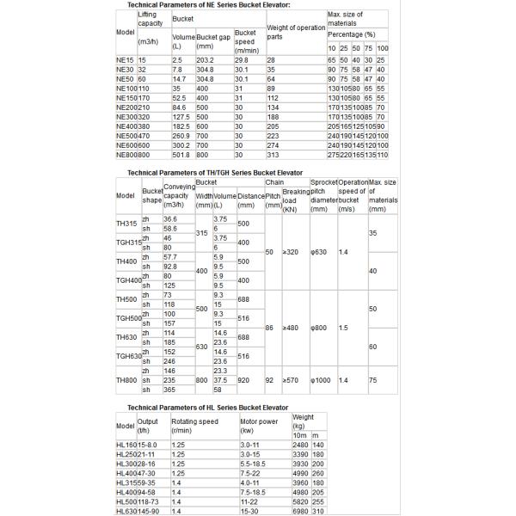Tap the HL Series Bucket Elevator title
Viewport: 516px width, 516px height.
206,406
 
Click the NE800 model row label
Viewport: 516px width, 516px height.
126,156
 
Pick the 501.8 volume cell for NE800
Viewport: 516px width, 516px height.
182,156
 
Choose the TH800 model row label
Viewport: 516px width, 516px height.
126,379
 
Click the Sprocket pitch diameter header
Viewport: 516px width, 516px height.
322,196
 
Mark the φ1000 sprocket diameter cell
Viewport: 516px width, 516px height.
321,379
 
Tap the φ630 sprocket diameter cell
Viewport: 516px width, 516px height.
320,252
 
